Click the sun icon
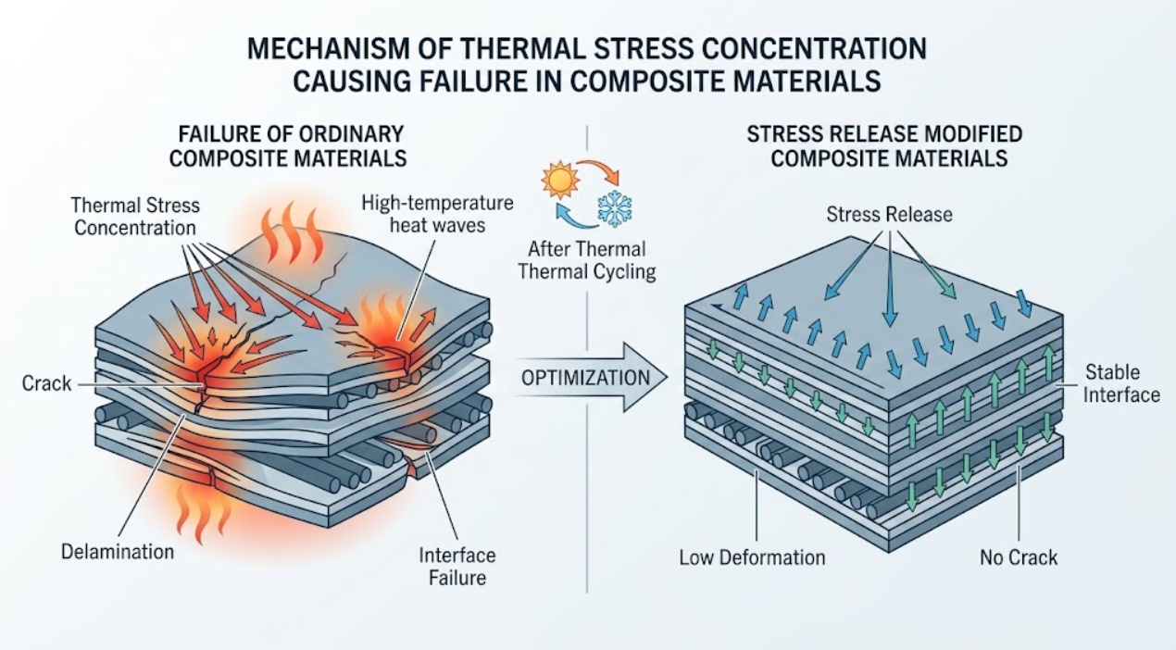[561, 180]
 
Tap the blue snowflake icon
[615, 209]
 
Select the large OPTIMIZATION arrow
[588, 377]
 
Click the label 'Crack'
[46, 384]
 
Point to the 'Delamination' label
[118, 552]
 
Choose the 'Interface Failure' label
[457, 567]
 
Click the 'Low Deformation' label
[752, 557]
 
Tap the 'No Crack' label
[1019, 557]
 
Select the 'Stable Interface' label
[1121, 383]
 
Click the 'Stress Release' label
[889, 214]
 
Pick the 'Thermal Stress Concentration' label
[135, 217]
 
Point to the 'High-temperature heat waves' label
[437, 214]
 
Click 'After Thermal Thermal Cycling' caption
[587, 260]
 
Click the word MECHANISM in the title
[328, 49]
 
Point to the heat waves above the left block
[293, 233]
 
